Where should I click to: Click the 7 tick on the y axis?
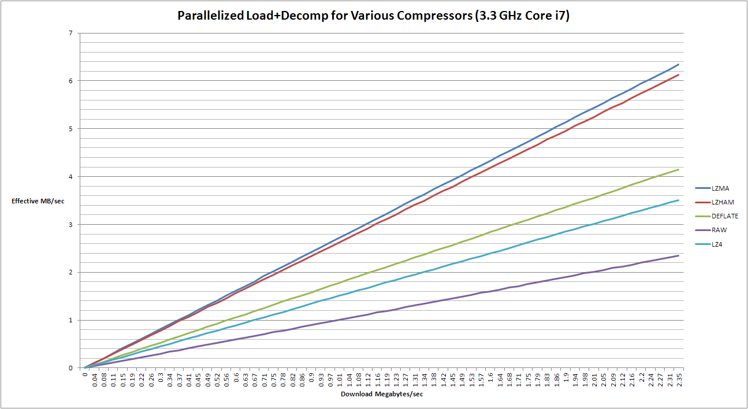[x=70, y=33]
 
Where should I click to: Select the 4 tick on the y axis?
[x=70, y=176]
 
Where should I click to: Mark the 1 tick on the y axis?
[x=70, y=320]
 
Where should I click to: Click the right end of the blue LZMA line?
[x=678, y=64]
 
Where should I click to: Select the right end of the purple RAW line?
[x=678, y=255]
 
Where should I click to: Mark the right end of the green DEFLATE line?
[x=678, y=169]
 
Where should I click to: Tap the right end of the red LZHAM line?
[x=678, y=75]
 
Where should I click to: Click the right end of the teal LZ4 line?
[x=678, y=200]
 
